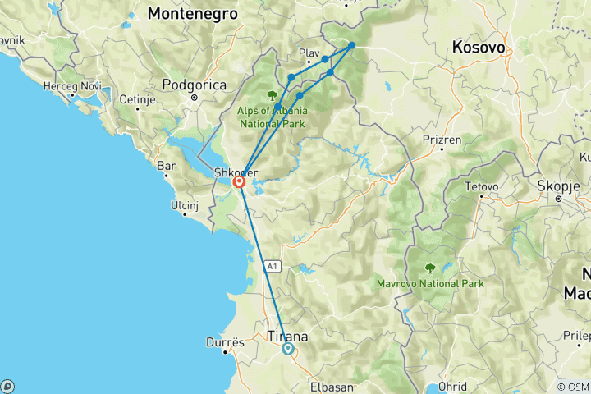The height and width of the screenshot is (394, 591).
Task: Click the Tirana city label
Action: click(288, 336)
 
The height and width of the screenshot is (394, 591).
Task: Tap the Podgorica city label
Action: click(194, 84)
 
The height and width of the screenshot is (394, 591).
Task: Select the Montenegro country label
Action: click(193, 14)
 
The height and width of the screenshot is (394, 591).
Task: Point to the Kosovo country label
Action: click(478, 48)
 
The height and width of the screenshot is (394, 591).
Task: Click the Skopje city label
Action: click(568, 186)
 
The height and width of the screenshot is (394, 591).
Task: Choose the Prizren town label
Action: click(441, 140)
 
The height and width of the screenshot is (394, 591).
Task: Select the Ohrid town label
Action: click(453, 386)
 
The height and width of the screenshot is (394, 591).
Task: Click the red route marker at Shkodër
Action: click(239, 181)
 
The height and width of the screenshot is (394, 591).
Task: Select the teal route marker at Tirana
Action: click(288, 349)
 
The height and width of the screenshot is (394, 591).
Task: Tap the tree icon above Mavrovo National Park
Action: click(429, 268)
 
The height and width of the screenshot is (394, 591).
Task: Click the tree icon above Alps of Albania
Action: click(272, 95)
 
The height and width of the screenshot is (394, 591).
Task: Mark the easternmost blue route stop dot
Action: click(351, 46)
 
